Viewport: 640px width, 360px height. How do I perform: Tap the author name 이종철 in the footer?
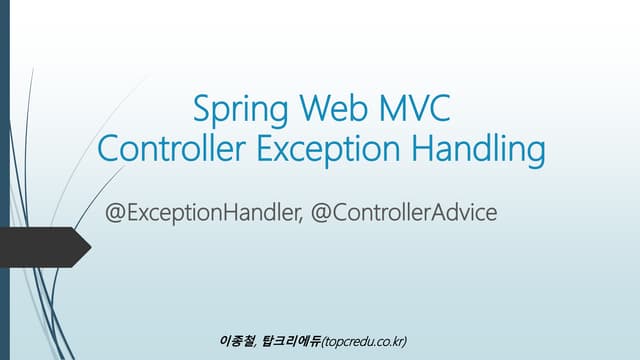click(x=236, y=341)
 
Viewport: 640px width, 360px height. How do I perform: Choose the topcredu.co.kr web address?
click(x=364, y=341)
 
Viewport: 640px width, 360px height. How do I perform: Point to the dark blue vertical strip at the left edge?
click(x=5, y=180)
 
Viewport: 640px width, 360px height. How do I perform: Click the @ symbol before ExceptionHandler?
click(x=129, y=213)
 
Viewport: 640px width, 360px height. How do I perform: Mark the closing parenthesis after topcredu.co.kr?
click(x=406, y=341)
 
